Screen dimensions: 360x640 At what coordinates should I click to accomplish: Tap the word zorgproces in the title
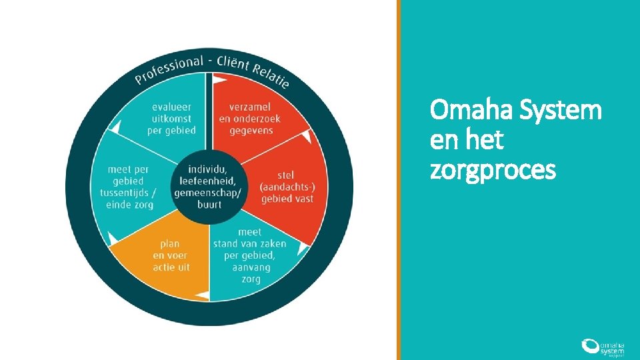point(493,170)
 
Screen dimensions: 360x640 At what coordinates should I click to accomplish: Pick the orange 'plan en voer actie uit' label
point(171,255)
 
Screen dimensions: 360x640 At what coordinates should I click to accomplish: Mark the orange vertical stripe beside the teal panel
point(399,180)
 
